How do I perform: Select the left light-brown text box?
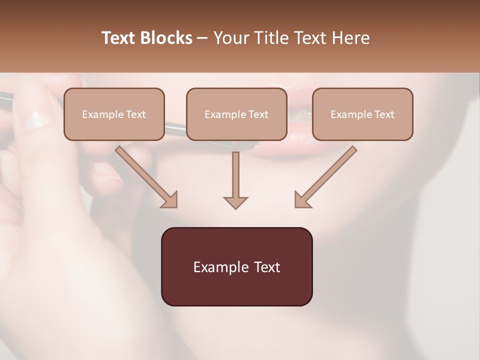click(114, 114)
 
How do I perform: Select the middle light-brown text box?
click(236, 114)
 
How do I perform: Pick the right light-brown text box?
click(362, 114)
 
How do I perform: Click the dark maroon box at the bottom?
click(236, 266)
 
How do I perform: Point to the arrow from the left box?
click(148, 178)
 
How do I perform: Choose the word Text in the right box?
click(384, 114)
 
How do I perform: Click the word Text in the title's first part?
click(118, 38)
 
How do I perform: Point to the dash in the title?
click(203, 38)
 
